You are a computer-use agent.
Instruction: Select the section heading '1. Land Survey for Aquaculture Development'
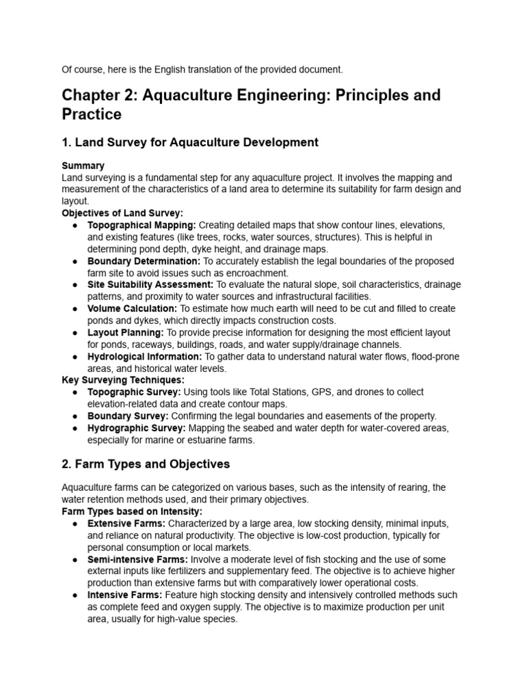point(190,142)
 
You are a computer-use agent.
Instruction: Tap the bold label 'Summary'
point(83,166)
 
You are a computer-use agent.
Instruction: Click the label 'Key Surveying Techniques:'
point(123,380)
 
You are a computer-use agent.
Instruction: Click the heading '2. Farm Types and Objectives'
point(146,464)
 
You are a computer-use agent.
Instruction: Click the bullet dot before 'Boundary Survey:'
point(74,416)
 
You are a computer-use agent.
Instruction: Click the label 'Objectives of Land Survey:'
point(122,213)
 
